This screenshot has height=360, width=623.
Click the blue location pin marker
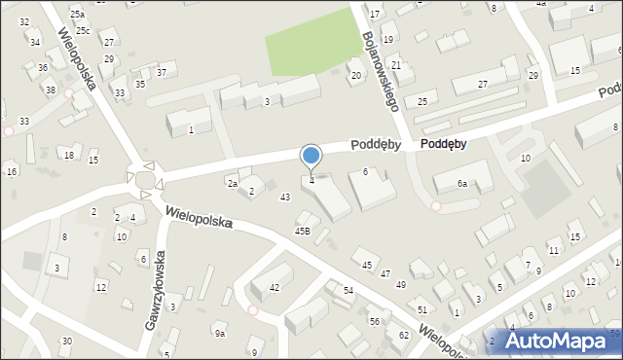[x=311, y=156]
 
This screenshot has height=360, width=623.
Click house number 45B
[x=303, y=231]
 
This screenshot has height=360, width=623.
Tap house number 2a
[x=232, y=183]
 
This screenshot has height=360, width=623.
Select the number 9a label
[x=220, y=334]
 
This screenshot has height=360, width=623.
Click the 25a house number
[x=77, y=15]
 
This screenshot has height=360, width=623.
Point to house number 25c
[x=83, y=31]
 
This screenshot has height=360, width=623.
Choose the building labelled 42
[x=275, y=287]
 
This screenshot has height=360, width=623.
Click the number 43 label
[x=285, y=198]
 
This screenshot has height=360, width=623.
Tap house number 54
[x=348, y=292]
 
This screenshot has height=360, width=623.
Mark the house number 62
[x=404, y=335]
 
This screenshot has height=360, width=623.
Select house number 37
[x=161, y=73]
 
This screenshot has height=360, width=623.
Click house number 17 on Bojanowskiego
[x=375, y=14]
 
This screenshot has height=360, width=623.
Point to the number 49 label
[x=400, y=284]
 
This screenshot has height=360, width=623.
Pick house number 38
[x=50, y=90]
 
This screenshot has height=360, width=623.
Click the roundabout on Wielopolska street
[x=145, y=179]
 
